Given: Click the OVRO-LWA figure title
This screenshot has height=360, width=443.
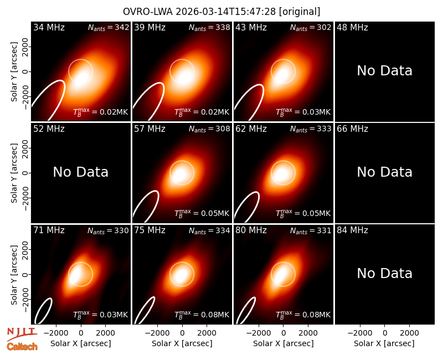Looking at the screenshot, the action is [x=221, y=12].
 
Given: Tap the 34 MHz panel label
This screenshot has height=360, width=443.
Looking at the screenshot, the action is [x=49, y=27].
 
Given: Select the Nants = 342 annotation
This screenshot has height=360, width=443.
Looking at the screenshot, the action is [x=109, y=27].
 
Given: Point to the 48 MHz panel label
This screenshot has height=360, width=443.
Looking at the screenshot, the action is [x=352, y=27].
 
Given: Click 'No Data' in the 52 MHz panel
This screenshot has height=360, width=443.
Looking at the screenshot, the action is [x=80, y=172].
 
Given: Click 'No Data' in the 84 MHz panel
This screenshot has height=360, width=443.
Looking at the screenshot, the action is [x=384, y=273].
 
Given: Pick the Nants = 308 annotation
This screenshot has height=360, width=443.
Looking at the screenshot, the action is [x=209, y=129].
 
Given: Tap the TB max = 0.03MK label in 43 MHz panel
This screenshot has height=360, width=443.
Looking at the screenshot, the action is [x=303, y=112].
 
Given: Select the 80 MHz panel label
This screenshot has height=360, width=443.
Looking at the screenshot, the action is [x=251, y=230].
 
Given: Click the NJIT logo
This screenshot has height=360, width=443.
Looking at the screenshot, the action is [x=22, y=334].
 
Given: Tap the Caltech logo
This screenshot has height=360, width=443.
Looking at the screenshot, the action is [x=22, y=347].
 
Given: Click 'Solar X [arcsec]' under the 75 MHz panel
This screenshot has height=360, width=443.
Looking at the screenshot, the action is [x=182, y=343].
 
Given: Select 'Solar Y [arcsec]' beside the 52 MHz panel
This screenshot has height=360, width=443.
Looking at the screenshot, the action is [x=14, y=173].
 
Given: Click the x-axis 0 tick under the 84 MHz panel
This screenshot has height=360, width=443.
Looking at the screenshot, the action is [x=385, y=333].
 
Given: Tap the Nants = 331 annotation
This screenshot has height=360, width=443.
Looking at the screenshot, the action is [x=311, y=230].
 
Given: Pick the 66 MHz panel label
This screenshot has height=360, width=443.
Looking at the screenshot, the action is [x=352, y=129].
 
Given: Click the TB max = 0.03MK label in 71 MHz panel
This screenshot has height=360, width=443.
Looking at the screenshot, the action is [x=101, y=315].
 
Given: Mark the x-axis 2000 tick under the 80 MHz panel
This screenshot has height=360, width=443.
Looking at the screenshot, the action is [x=308, y=333].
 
